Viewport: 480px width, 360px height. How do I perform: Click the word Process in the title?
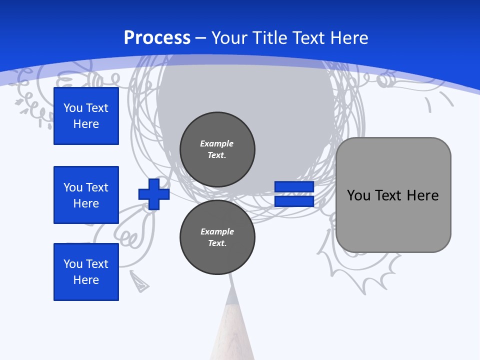coord(157,38)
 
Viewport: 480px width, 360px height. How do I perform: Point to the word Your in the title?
coord(230,38)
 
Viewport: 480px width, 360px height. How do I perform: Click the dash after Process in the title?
coord(201,38)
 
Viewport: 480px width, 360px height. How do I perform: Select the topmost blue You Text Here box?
coord(86,116)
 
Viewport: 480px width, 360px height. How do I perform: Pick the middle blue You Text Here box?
coord(86,195)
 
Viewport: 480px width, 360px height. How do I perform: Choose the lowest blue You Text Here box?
coord(86,272)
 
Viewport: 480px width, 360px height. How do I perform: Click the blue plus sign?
coord(154,194)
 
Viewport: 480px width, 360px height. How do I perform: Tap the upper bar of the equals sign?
coord(294,187)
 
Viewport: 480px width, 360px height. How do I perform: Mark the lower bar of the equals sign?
coord(294,201)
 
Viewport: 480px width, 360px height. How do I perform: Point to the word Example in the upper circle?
coord(217,143)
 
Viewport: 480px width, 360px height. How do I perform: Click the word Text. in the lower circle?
coord(217,243)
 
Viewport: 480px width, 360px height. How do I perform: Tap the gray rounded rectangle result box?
coord(393,220)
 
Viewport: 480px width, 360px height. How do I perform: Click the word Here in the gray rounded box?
coord(422,195)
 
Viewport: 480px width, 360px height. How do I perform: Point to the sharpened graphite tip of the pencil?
coord(231,295)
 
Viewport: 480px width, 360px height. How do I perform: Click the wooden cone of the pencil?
coord(232,335)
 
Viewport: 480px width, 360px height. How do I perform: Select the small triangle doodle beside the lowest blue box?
coord(139,281)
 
